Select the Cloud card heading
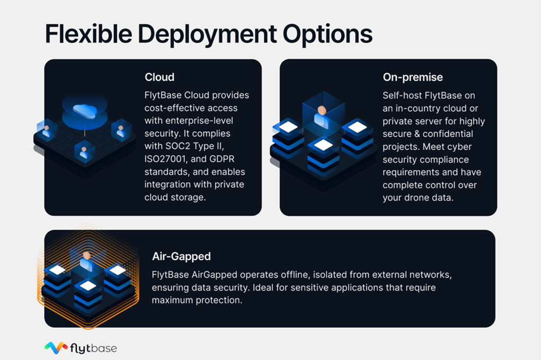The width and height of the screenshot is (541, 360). [159, 77]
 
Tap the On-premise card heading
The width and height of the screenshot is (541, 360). [413, 77]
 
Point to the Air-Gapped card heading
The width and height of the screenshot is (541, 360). [181, 256]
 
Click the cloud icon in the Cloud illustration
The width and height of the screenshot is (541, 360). [84, 110]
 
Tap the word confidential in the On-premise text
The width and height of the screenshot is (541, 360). [447, 134]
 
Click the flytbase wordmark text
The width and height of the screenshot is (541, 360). [93, 348]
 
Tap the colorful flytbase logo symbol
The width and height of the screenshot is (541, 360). [56, 347]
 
